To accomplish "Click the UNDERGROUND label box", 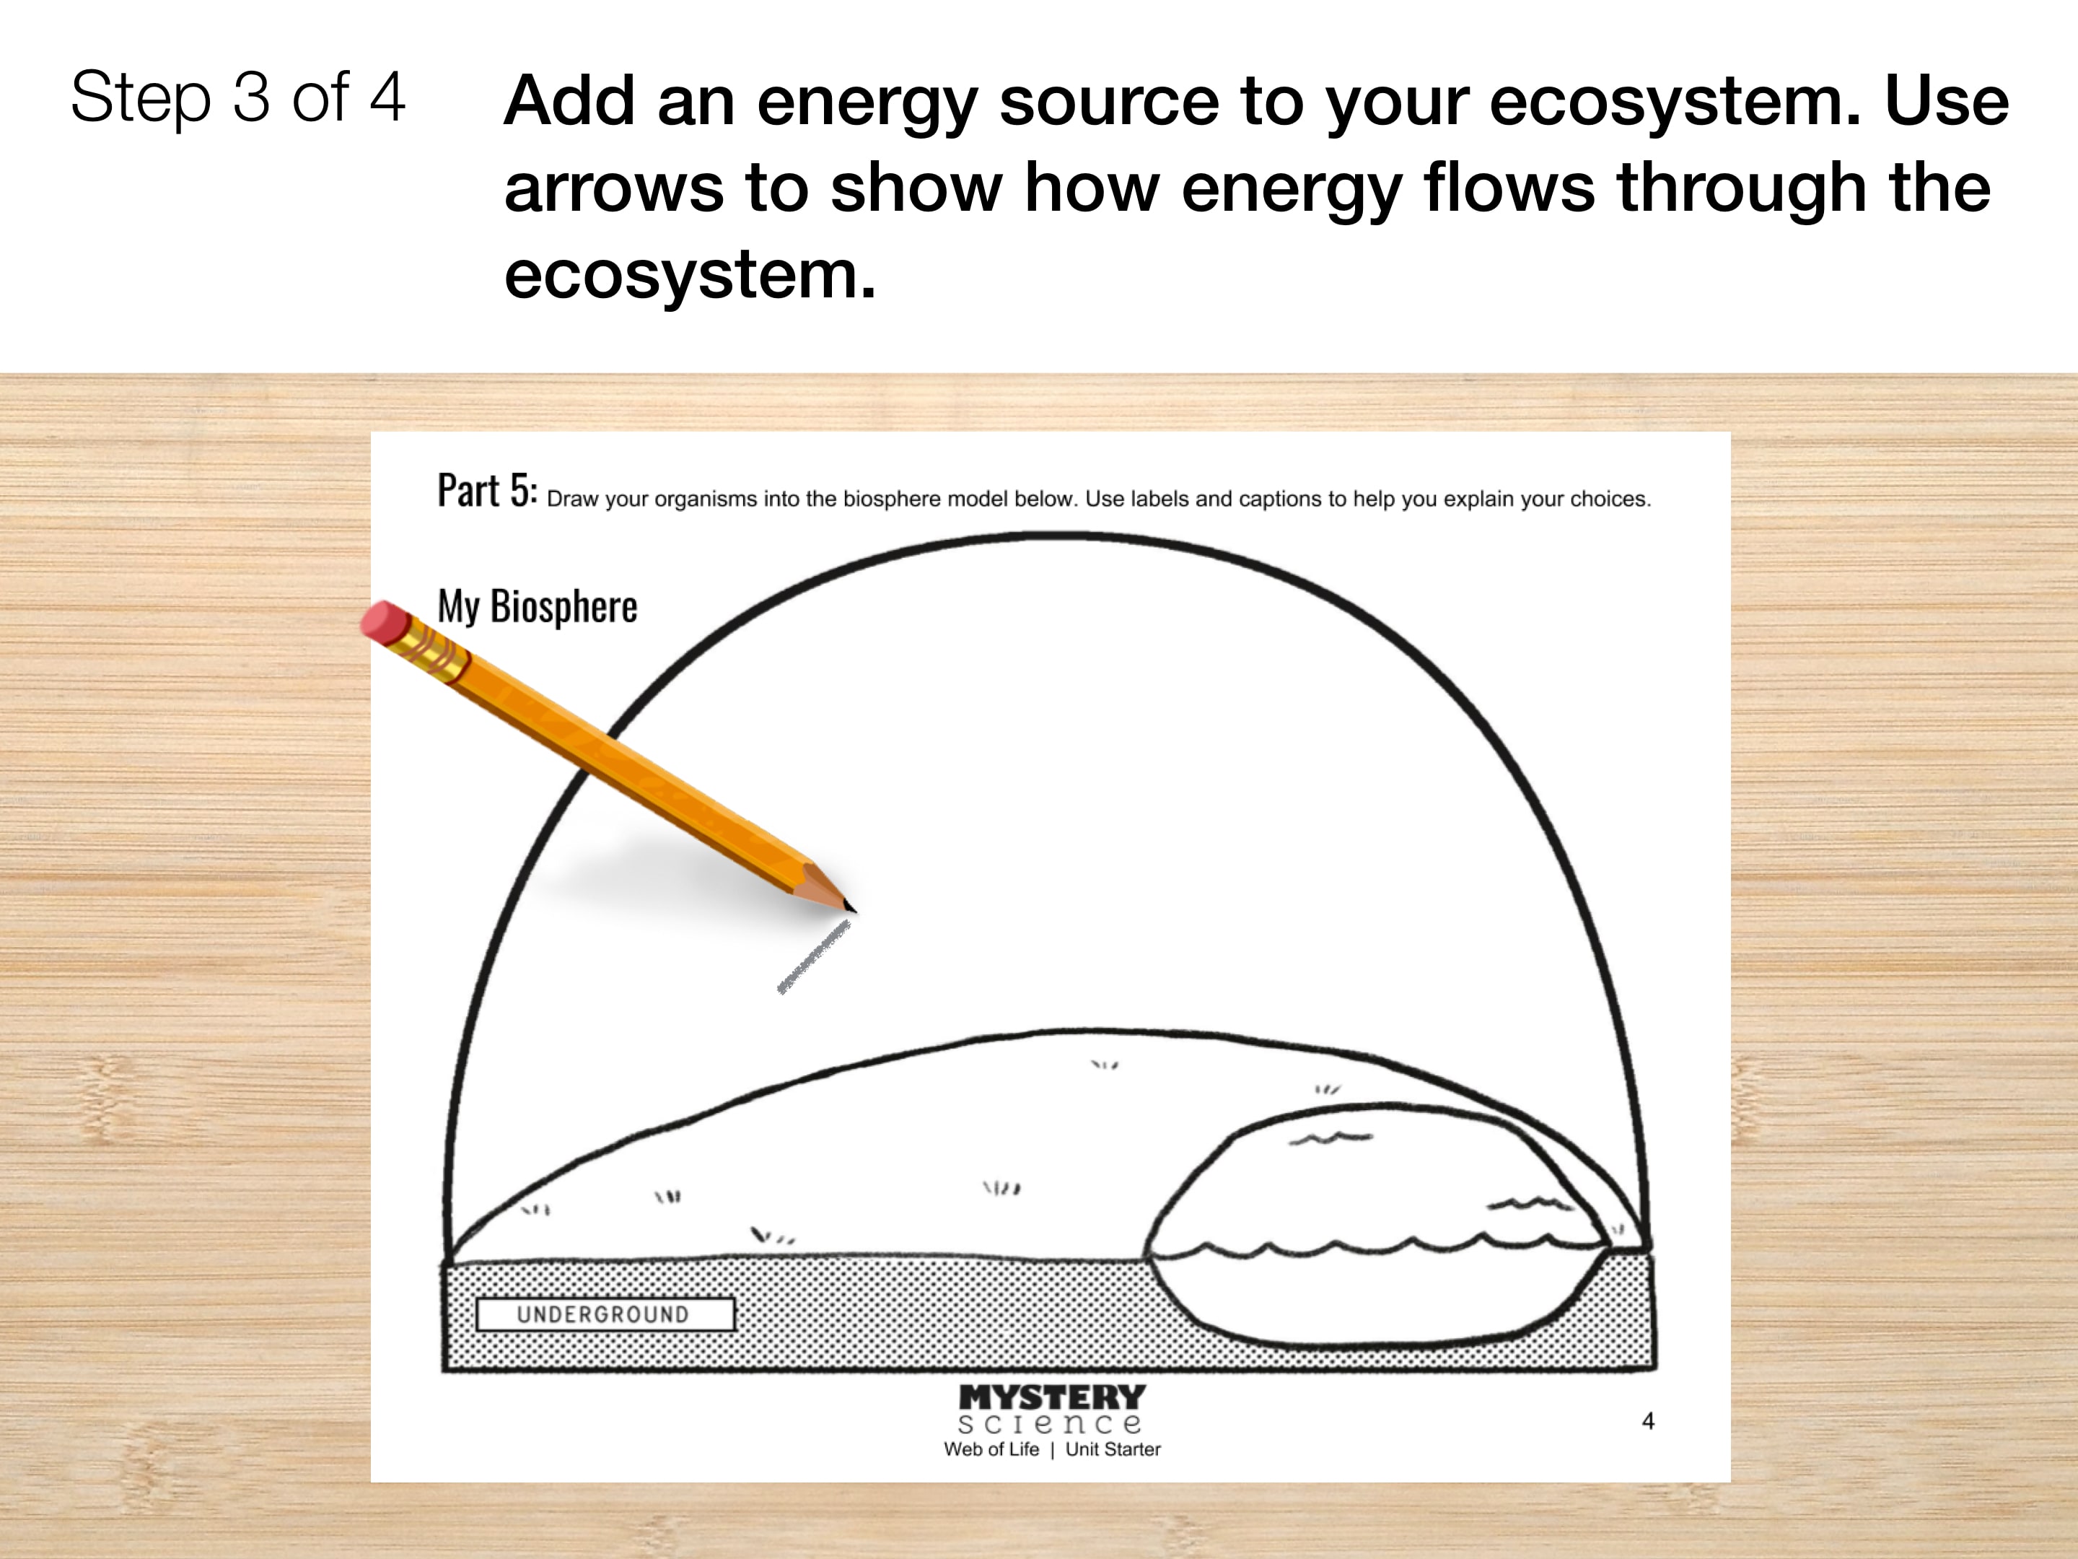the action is (x=605, y=1314).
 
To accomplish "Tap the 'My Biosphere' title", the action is (x=538, y=607).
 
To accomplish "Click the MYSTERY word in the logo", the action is (x=1052, y=1397).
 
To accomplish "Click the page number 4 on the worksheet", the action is (x=1648, y=1421).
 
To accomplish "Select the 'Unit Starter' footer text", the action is (x=1113, y=1449).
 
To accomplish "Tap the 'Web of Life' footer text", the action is (x=991, y=1449).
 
